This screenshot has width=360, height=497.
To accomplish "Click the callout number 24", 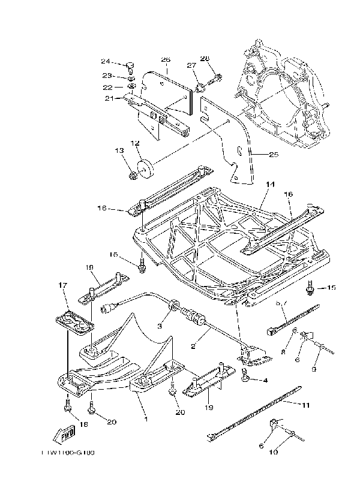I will [x=105, y=61].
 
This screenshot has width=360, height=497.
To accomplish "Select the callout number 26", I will [x=166, y=59].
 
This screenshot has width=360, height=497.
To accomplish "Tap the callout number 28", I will [x=205, y=58].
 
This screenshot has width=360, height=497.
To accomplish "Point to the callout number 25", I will [x=273, y=155].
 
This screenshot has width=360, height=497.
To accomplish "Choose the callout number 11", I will [x=305, y=405].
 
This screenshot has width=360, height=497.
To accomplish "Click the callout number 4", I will [x=264, y=381].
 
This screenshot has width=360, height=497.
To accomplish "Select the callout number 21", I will [x=109, y=99].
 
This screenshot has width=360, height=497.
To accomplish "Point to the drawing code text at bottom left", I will [x=68, y=453].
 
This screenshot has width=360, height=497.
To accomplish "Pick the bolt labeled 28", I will [x=214, y=78].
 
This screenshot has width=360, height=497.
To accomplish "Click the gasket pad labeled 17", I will [x=75, y=319].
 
